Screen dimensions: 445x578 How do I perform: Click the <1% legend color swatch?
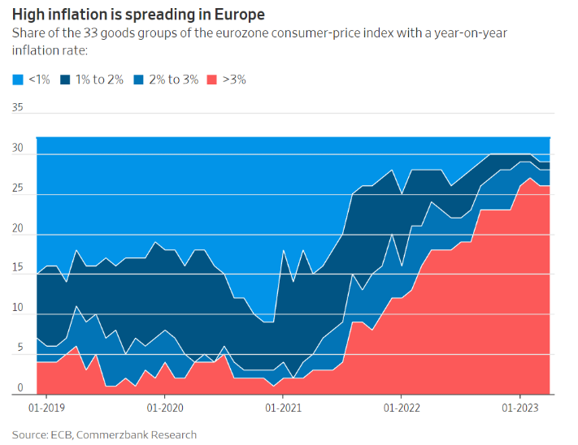17,80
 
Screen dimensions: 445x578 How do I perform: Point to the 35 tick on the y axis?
18,107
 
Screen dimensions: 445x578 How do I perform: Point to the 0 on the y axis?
20,388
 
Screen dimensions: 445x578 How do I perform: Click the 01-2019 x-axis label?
46,405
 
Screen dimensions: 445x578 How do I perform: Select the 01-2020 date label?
163,405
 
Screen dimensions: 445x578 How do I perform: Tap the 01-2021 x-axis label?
281,405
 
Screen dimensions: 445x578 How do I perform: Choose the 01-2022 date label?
399,405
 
